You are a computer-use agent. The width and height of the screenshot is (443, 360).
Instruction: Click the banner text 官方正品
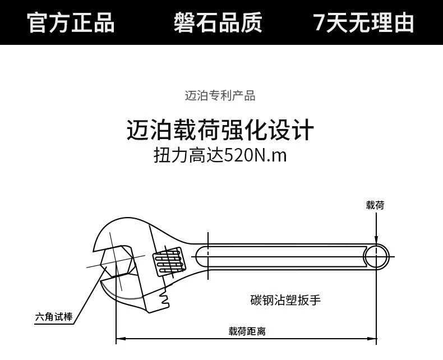(x=71, y=22)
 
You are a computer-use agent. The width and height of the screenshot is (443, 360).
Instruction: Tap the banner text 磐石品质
(x=218, y=22)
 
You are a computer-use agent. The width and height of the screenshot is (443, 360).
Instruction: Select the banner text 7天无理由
(x=364, y=22)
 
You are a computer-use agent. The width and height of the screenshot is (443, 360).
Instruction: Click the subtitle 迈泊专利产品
(x=220, y=96)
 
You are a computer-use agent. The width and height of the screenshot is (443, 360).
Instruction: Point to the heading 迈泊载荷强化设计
(x=220, y=130)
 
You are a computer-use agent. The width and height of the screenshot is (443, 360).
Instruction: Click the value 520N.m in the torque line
(x=255, y=155)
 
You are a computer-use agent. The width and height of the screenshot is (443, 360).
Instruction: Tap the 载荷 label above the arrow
(x=375, y=205)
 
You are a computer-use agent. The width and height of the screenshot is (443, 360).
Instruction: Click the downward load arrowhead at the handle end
(x=376, y=239)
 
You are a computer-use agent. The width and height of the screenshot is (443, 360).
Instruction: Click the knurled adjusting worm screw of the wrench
(x=169, y=261)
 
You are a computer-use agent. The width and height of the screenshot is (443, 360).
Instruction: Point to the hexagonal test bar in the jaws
(x=117, y=261)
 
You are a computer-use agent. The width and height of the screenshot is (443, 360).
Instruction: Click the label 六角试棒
(x=54, y=317)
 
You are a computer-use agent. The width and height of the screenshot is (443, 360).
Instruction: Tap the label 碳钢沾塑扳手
(x=285, y=300)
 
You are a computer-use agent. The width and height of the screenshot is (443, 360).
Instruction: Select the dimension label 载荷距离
(x=247, y=331)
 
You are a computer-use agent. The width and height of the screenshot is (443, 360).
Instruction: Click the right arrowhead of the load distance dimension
(x=372, y=338)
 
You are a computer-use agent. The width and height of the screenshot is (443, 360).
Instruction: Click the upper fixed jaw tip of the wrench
(x=96, y=248)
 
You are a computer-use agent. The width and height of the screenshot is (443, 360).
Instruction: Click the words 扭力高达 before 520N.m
(x=189, y=155)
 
